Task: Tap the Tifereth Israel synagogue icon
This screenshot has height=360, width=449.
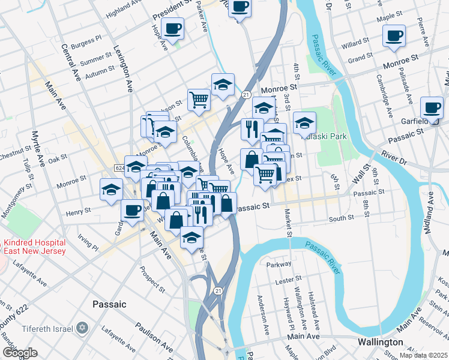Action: [83, 328]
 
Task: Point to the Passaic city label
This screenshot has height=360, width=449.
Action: [109, 304]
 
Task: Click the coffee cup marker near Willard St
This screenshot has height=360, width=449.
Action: [394, 35]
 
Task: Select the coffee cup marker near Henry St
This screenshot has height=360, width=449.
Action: [132, 209]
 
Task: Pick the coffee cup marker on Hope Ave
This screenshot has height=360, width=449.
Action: [173, 28]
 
